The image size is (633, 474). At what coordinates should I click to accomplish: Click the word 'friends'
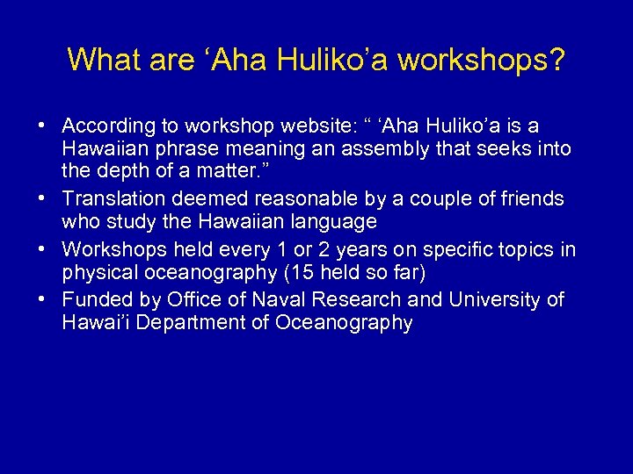click(527, 199)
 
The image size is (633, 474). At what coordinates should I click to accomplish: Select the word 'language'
click(331, 223)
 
